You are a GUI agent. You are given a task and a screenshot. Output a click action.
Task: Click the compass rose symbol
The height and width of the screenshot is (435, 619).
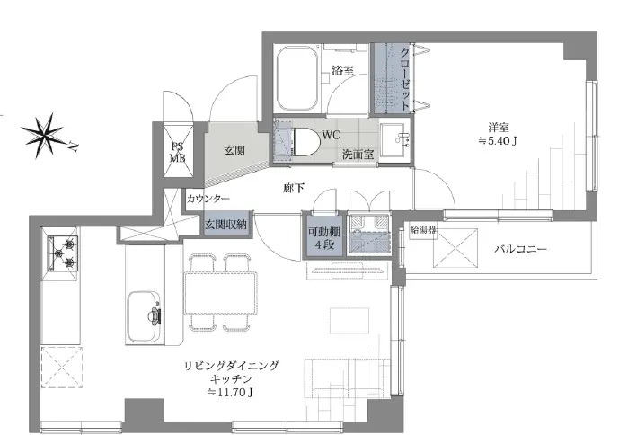(x=44, y=134)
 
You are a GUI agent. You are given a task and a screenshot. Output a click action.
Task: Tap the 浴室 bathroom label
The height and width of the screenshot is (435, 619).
(x=342, y=70)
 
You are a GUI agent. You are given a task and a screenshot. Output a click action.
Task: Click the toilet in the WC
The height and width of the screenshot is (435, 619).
(x=302, y=140)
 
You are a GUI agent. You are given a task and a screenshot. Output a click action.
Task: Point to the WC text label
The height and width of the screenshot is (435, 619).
(x=330, y=135)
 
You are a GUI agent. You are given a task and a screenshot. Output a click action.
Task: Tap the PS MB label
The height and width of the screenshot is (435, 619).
(x=177, y=153)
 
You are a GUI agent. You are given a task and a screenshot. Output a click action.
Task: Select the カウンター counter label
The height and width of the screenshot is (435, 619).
(x=208, y=199)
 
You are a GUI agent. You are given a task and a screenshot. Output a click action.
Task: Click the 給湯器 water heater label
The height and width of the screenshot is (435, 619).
(x=424, y=228)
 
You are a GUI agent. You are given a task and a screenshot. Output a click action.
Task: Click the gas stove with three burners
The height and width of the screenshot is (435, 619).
(x=66, y=253)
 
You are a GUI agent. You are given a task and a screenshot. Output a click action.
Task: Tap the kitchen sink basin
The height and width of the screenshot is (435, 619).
(x=145, y=315)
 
